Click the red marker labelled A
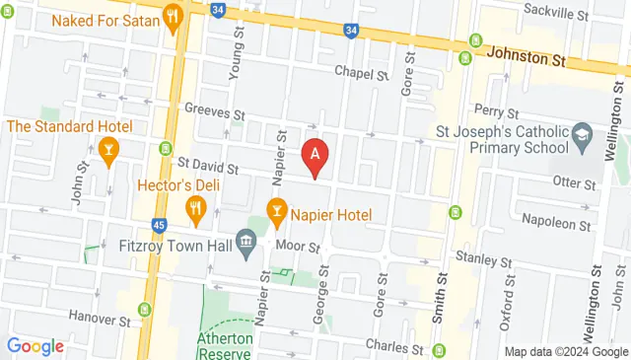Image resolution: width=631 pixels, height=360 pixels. click(315, 155)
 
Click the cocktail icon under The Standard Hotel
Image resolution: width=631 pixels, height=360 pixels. click(109, 149)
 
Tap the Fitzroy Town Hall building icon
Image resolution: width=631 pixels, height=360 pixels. click(247, 241)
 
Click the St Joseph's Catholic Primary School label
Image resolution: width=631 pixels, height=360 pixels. click(503, 138)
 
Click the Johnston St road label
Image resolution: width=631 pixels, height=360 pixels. click(528, 57)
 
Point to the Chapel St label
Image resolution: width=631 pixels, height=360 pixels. click(361, 73)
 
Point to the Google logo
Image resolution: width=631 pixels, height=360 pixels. click(35, 346)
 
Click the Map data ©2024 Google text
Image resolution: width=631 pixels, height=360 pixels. click(566, 351)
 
